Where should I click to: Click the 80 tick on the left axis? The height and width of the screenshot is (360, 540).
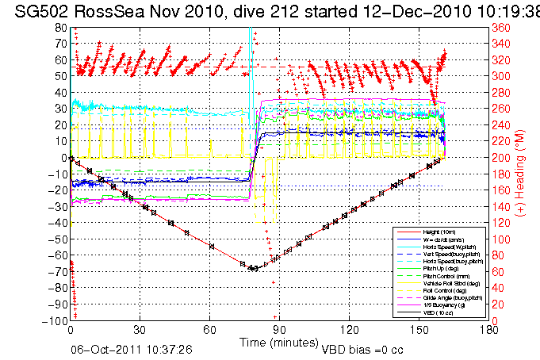[x=59, y=27]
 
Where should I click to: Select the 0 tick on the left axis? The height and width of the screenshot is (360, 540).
[x=63, y=158]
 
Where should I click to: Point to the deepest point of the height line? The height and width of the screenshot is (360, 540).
[x=254, y=269]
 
